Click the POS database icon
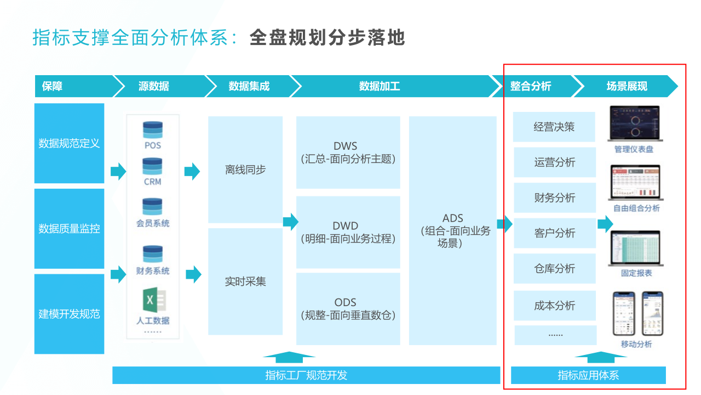153,130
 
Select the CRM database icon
153,166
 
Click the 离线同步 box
245,170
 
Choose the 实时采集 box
245,281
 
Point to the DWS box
347,153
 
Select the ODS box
347,308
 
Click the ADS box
452,230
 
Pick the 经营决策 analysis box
554,127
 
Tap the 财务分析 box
554,198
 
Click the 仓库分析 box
554,268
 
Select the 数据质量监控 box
69,229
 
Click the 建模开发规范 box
69,314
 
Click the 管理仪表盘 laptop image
634,124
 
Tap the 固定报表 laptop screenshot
634,249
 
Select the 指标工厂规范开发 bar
306,375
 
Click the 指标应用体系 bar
588,375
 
